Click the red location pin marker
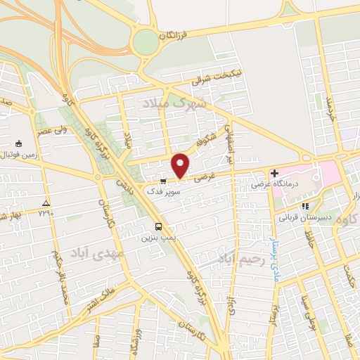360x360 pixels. tap(181, 165)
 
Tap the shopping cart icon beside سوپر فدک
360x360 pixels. tap(164, 179)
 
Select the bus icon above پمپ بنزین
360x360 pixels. tap(159, 227)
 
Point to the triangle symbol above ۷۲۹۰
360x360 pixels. tap(45, 202)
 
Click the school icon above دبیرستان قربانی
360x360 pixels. tap(305, 206)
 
